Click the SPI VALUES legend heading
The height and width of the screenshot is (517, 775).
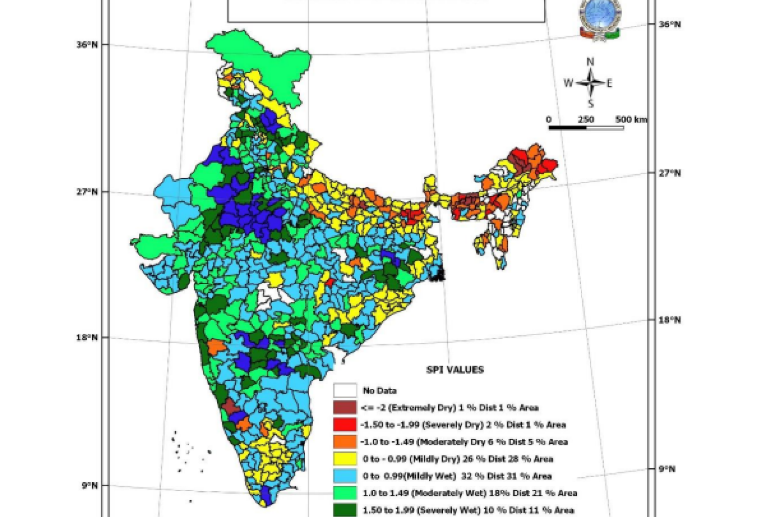click(x=455, y=370)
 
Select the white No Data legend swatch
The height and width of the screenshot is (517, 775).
click(x=345, y=390)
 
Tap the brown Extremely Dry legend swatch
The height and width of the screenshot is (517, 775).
click(x=345, y=407)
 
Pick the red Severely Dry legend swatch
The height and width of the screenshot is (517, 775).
click(x=345, y=425)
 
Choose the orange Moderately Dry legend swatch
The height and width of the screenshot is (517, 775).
click(x=345, y=442)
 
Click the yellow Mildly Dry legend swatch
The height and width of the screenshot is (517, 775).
click(x=345, y=459)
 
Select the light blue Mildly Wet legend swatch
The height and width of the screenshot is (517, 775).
click(x=345, y=476)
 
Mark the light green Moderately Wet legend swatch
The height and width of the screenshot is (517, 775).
click(x=345, y=493)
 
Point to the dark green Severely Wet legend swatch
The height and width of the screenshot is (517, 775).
click(x=345, y=509)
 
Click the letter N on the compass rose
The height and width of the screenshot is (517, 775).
click(x=590, y=62)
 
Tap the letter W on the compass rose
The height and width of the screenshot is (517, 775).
click(x=568, y=83)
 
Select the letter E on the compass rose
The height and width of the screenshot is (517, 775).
click(x=609, y=83)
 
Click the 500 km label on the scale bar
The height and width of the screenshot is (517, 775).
click(x=631, y=120)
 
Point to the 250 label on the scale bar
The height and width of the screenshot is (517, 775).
click(x=586, y=120)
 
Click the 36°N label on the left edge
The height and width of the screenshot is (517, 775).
click(x=87, y=44)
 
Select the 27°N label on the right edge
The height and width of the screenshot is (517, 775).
click(x=670, y=173)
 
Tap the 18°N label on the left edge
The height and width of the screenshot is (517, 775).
click(x=87, y=337)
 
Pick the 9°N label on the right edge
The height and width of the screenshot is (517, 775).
click(x=667, y=469)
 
